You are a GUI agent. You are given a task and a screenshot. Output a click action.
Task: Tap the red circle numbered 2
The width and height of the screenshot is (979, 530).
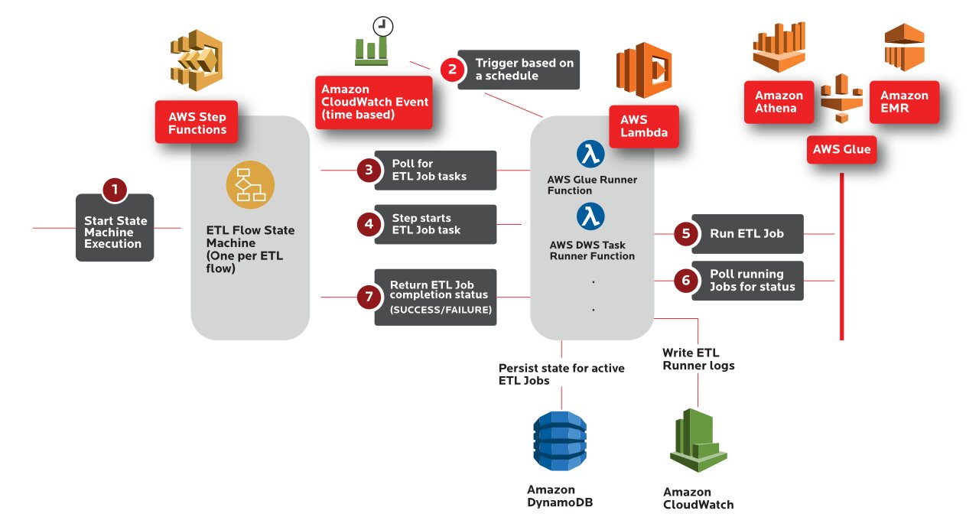(x=453, y=70)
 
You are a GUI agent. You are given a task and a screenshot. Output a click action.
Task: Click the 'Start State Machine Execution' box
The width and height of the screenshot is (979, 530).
(x=115, y=232)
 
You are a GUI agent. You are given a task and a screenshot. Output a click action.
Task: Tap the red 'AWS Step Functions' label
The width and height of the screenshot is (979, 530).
(x=197, y=123)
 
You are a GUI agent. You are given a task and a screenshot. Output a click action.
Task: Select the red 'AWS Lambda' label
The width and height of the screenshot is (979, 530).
(x=643, y=126)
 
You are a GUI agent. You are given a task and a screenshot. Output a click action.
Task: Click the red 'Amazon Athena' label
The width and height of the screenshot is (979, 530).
(x=779, y=102)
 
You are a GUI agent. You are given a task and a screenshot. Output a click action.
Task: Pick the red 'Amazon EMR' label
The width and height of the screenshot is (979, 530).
(x=904, y=102)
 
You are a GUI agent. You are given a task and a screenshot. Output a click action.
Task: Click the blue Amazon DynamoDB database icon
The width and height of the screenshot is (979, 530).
(x=561, y=441)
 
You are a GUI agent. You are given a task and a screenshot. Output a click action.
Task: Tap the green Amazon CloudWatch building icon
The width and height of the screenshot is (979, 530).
(x=698, y=441)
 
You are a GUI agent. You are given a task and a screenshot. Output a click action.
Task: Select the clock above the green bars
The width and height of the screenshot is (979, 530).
(x=382, y=27)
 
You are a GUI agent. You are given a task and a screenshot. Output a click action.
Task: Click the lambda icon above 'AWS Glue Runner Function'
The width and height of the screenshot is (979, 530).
(x=590, y=154)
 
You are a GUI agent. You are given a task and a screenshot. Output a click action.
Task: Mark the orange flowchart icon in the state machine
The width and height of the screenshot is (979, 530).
(x=250, y=185)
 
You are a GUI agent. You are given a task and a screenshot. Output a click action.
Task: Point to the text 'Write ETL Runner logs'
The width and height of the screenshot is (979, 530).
(x=698, y=359)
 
